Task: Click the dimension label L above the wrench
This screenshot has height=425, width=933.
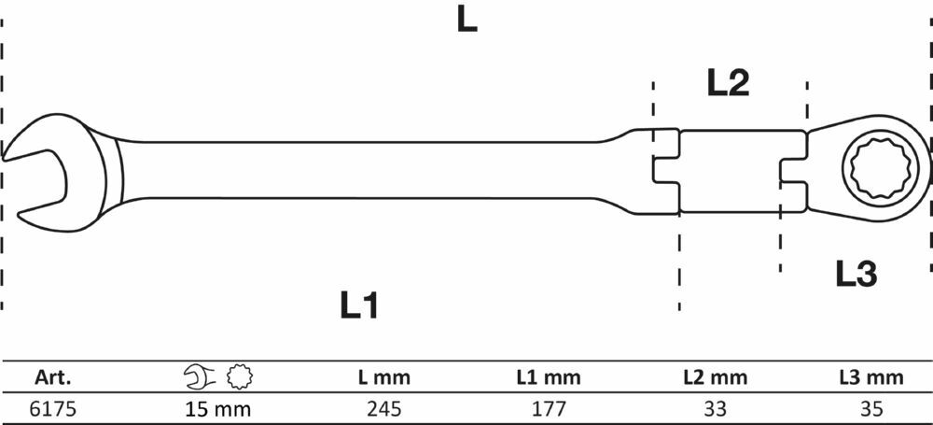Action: (x=467, y=21)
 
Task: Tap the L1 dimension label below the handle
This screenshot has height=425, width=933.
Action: (x=359, y=305)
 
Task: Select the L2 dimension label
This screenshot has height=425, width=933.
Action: (x=728, y=83)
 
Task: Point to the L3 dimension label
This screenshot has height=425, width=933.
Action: (x=856, y=275)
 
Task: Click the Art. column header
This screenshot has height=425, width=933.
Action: (x=53, y=376)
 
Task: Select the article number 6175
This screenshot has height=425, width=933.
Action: (x=53, y=409)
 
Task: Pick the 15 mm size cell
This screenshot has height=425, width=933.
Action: (x=217, y=409)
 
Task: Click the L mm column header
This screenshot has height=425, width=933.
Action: (x=383, y=376)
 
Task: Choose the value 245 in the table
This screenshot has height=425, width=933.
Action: (x=384, y=409)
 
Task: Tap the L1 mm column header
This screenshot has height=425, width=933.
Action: (x=548, y=376)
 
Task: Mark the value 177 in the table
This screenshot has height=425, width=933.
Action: (x=548, y=409)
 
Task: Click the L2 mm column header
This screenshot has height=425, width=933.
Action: (x=715, y=376)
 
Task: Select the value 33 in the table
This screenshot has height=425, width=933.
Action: (x=716, y=409)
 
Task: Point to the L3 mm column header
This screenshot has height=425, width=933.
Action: (x=871, y=376)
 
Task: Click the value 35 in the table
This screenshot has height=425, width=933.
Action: (x=871, y=409)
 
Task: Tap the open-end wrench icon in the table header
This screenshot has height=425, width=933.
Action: (x=200, y=376)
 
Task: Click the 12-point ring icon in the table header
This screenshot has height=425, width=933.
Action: (x=240, y=376)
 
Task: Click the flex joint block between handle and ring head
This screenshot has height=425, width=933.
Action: (x=731, y=171)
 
